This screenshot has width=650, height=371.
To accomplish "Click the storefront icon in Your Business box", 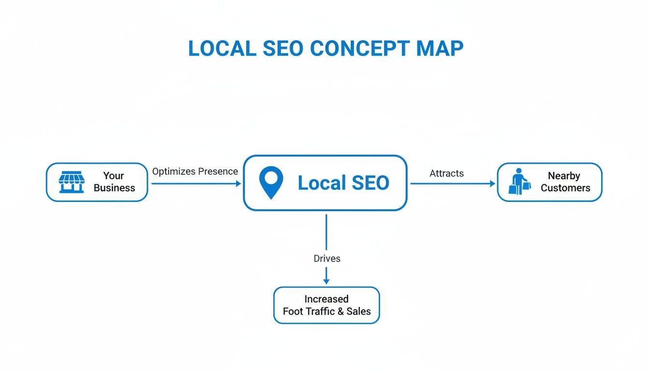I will [71, 182].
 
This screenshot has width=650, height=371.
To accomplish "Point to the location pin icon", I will [271, 182].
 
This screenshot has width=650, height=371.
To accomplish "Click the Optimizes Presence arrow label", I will [195, 171].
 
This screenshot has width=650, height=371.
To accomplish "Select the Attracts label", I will [446, 173].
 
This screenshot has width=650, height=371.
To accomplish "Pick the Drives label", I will [327, 258].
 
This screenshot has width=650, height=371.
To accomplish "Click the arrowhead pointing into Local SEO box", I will [238, 184].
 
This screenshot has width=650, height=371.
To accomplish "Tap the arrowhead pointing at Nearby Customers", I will [492, 184].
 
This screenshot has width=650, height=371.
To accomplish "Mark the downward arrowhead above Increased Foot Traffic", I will [326, 281].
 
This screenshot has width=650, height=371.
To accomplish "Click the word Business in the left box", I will [114, 188].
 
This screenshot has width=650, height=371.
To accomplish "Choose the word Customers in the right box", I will [565, 188].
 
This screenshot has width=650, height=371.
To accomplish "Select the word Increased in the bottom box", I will [326, 299].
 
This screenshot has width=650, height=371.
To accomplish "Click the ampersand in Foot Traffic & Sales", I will [341, 312].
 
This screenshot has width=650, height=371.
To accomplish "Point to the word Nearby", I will [564, 176].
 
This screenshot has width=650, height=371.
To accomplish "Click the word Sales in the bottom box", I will [359, 312].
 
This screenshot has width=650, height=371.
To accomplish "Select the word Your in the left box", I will [114, 176].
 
